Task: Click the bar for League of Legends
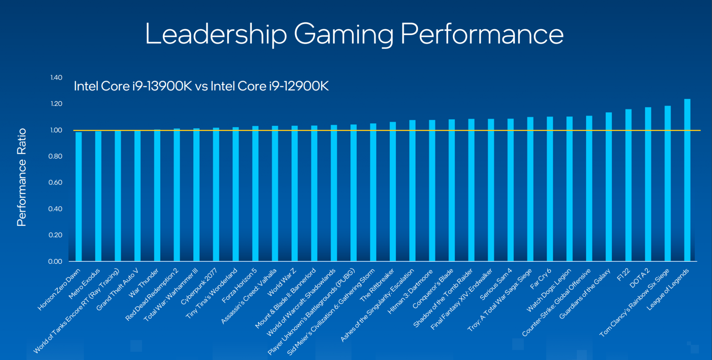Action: [x=687, y=181]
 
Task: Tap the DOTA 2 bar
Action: [x=648, y=184]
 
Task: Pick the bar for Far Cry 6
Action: [x=550, y=189]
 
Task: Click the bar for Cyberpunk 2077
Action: [x=216, y=195]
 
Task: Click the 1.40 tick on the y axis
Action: [x=56, y=77]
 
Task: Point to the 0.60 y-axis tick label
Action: [x=56, y=182]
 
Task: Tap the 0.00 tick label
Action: [x=56, y=261]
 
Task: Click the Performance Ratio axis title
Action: [x=22, y=177]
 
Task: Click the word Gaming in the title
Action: [x=343, y=34]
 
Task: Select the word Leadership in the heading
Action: [x=216, y=34]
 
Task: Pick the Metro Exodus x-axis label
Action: [x=84, y=284]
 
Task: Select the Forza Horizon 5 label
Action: [x=240, y=285]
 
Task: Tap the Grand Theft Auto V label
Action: [x=118, y=289]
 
